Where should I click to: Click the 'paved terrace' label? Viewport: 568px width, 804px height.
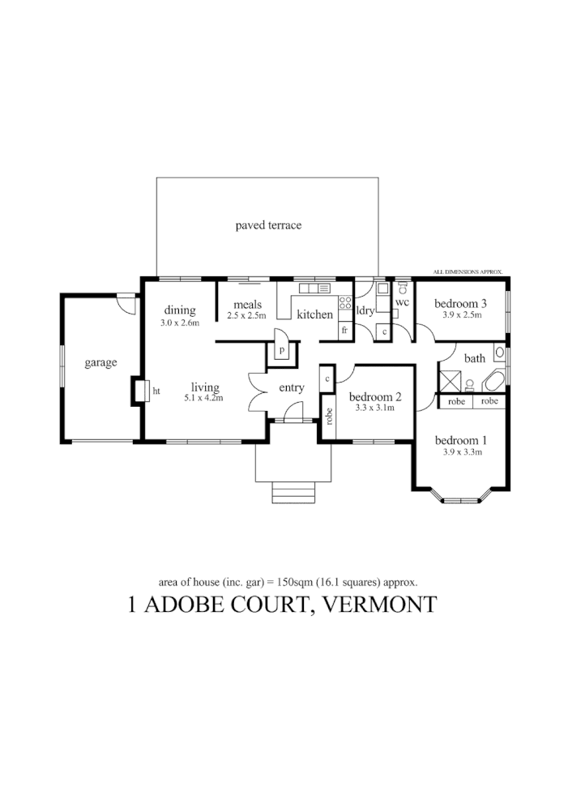(x=268, y=225)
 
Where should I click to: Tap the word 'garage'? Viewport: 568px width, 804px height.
(x=100, y=362)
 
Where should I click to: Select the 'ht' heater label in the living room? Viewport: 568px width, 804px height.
(x=156, y=391)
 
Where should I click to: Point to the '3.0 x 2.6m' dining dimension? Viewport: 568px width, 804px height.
(x=180, y=323)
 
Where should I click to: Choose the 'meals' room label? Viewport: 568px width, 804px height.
(x=246, y=305)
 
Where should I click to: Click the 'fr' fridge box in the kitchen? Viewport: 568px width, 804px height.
(x=344, y=330)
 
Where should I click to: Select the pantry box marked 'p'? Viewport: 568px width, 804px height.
(x=282, y=350)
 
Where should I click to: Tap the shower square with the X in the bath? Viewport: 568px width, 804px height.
(x=450, y=381)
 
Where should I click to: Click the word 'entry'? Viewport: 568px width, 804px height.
(x=292, y=387)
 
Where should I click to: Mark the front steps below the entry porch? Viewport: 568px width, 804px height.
(x=293, y=493)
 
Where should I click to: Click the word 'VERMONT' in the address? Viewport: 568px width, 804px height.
(x=380, y=605)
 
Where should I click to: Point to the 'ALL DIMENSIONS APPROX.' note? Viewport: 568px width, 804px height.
(x=468, y=272)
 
